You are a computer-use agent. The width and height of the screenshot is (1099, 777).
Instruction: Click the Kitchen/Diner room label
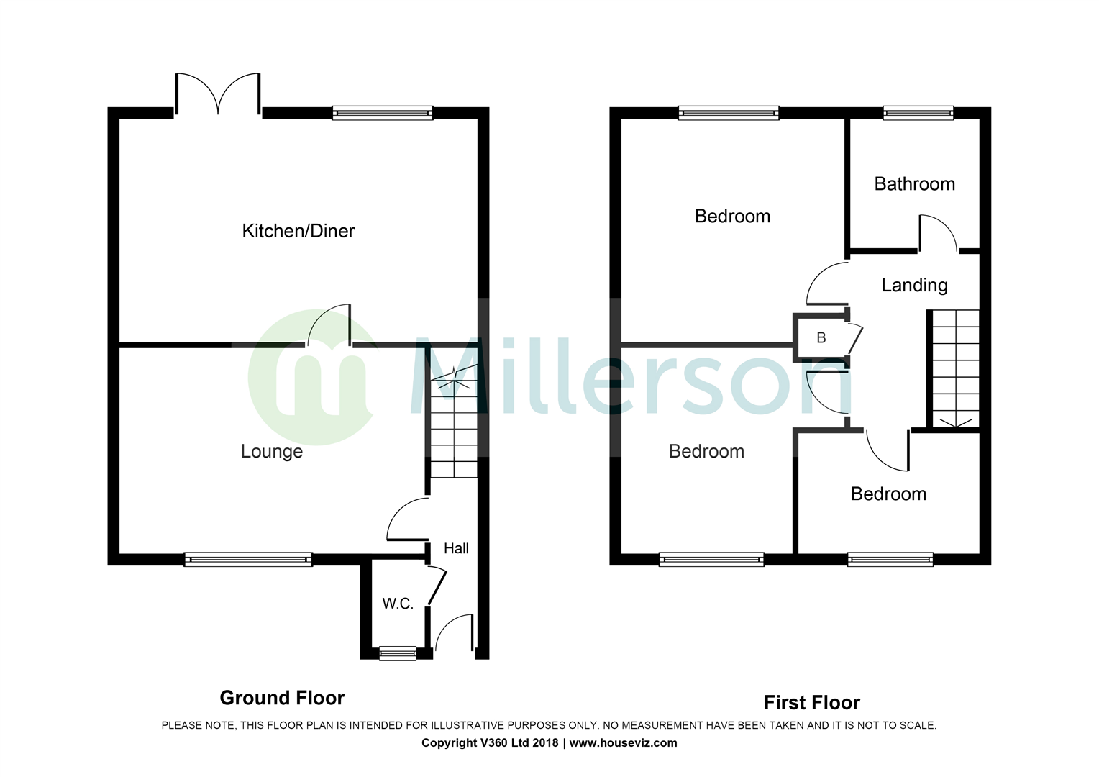point(298,231)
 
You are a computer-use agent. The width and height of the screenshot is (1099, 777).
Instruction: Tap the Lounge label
point(271,452)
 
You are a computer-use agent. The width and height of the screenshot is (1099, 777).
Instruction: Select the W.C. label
point(397,604)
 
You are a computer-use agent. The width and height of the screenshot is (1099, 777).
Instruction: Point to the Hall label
point(456,549)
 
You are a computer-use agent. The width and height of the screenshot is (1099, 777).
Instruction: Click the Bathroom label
point(914,184)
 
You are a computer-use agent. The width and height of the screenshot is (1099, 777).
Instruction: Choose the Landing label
point(914,286)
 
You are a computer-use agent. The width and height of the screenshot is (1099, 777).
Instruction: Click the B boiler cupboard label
point(821,338)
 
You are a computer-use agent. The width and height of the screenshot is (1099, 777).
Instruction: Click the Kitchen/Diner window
point(383,113)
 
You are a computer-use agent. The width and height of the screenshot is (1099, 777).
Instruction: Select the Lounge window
point(248,559)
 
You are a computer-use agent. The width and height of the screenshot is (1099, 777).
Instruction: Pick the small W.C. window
point(398,653)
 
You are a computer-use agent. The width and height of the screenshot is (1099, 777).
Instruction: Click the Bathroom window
point(918,113)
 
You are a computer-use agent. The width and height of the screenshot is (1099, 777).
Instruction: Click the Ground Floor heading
point(282,698)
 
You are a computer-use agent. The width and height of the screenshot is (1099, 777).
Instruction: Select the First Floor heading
point(811,703)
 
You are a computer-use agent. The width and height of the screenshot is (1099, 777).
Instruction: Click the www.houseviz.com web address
point(623,743)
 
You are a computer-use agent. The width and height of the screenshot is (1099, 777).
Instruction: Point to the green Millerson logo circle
point(311,378)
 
